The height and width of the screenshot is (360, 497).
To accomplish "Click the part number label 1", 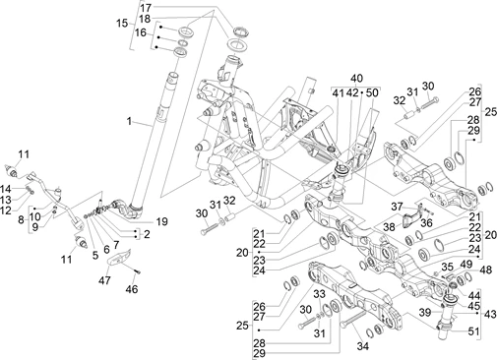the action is [x=129, y=121].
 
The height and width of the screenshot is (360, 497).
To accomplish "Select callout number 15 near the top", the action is [x=122, y=24].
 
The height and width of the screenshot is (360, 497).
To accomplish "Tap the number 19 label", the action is [x=161, y=221].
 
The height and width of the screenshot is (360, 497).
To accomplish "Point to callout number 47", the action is [x=105, y=280].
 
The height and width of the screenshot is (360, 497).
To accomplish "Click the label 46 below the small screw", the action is [x=132, y=289].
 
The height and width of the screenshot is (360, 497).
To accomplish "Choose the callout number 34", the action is [x=362, y=346].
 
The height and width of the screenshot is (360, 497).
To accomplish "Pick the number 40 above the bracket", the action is [x=356, y=79].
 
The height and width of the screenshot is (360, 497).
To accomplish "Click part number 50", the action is [x=372, y=93].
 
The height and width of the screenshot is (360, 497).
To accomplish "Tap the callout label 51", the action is [x=473, y=331].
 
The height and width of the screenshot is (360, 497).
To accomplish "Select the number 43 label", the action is [x=490, y=314].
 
